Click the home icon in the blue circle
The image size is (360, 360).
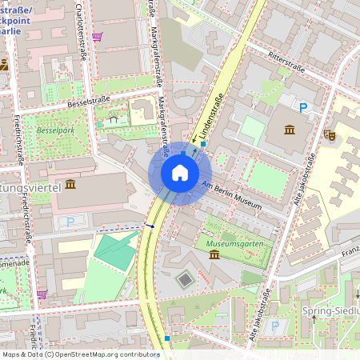tap(180, 172)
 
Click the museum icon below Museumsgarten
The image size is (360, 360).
tap(215, 254)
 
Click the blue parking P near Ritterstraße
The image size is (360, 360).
tap(303, 107)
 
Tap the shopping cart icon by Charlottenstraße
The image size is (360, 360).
tap(97, 37)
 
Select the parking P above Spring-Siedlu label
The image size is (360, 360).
tap(276, 326)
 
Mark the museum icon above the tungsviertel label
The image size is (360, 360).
tap(70, 184)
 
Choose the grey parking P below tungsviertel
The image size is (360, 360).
tap(70, 221)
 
